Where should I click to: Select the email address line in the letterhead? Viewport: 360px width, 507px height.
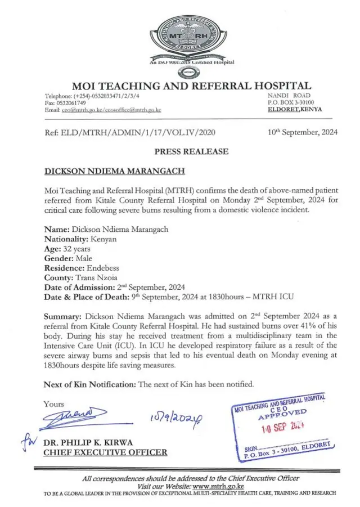102,110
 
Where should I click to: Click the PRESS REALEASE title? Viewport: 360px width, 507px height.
191,151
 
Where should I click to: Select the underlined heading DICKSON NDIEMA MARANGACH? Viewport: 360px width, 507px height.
105,170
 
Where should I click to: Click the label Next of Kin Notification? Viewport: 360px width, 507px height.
89,384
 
